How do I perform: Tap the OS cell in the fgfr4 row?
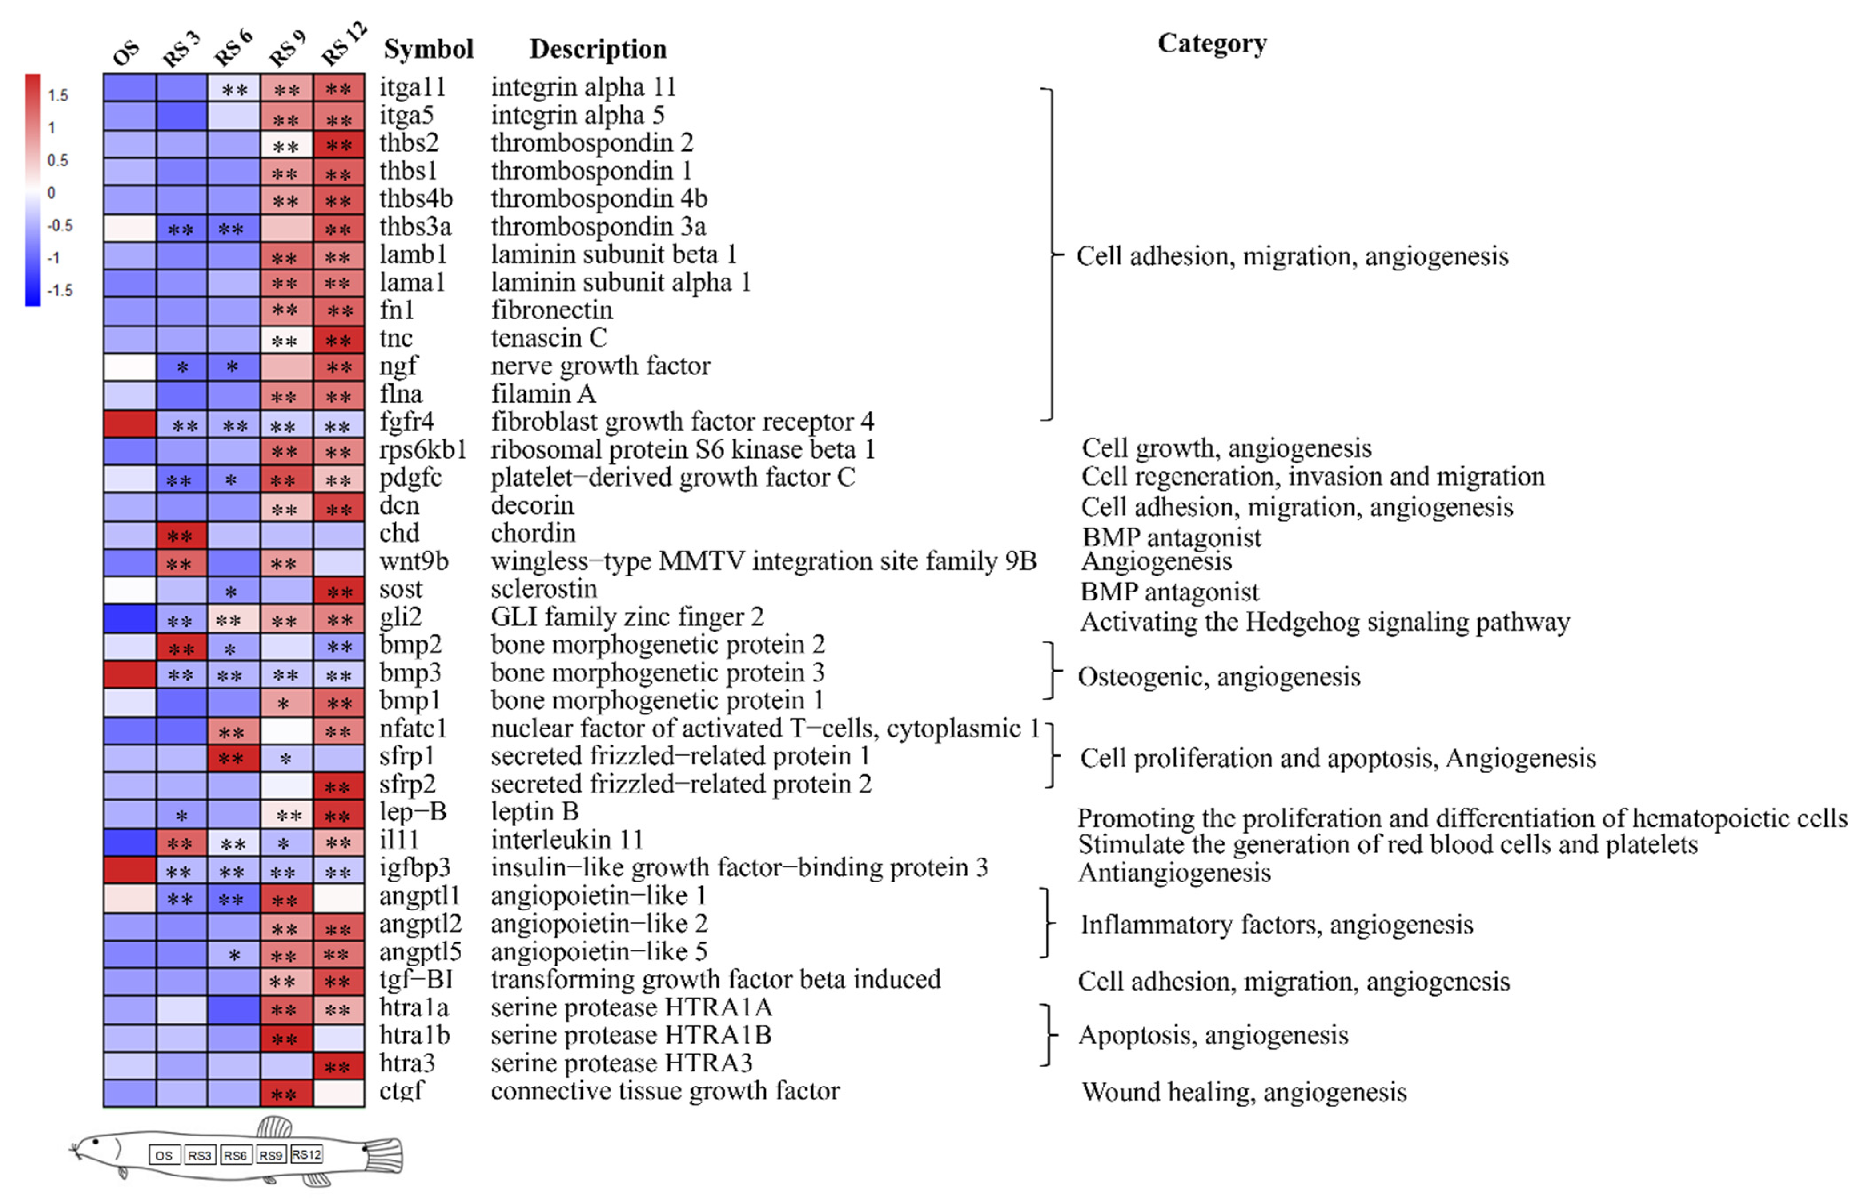[129, 423]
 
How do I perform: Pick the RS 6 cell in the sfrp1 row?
[233, 757]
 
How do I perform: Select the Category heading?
[1211, 44]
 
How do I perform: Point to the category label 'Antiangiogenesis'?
[1173, 873]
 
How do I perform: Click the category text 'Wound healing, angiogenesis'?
[1244, 1092]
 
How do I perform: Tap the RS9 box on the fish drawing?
[271, 1155]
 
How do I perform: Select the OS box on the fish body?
[164, 1156]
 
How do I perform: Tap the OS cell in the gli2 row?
[129, 619]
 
